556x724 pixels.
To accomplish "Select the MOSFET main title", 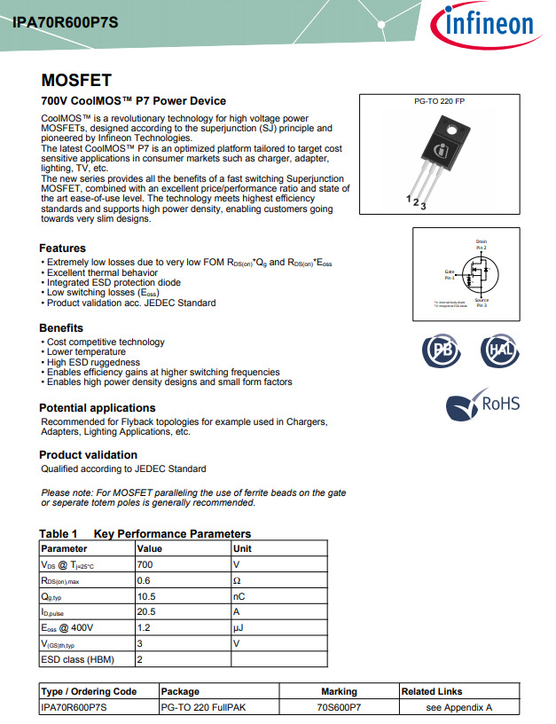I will point(76,80).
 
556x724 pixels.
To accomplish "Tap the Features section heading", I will point(62,248).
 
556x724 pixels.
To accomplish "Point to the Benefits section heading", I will point(61,328).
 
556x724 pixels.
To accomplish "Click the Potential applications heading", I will point(98,408).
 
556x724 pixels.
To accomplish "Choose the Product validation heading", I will point(88,455).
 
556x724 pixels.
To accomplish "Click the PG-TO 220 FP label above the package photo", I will point(439,102).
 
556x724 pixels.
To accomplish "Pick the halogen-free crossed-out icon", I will point(500,351).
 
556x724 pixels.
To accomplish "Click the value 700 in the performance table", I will point(145,564).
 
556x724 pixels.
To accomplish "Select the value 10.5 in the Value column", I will point(146,596).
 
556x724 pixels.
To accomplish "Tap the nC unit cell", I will point(239,596).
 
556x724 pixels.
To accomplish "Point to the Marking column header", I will point(339,691).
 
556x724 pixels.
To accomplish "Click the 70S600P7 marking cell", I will point(339,707).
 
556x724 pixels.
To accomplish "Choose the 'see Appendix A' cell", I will point(458,707).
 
